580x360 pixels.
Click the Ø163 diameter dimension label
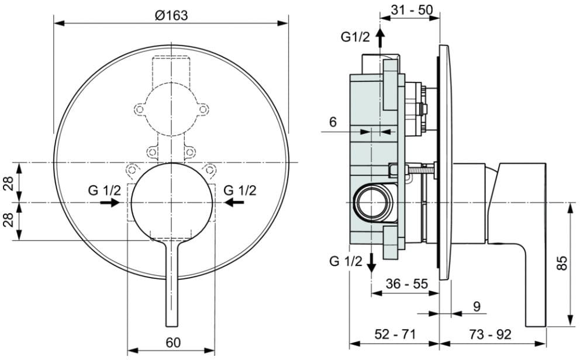[171, 15]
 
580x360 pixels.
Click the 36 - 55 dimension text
[406, 284]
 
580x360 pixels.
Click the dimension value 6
[333, 122]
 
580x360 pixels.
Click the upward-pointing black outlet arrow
[380, 38]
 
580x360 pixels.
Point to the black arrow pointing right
[109, 202]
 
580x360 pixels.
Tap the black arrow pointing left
[234, 202]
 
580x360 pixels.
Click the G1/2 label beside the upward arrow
[355, 37]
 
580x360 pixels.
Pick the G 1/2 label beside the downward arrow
[346, 261]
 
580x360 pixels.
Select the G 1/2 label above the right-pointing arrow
[105, 190]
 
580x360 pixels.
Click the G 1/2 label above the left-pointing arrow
[240, 190]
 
